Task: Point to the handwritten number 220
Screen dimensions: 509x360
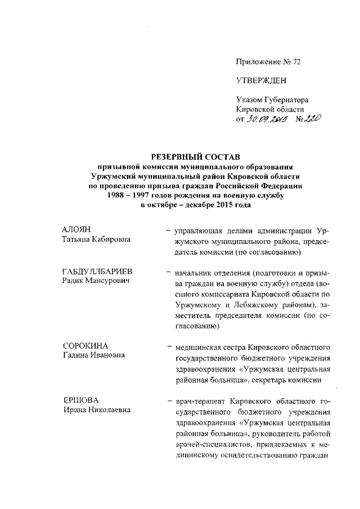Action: pos(309,119)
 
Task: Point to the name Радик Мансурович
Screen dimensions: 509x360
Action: pos(96,281)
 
